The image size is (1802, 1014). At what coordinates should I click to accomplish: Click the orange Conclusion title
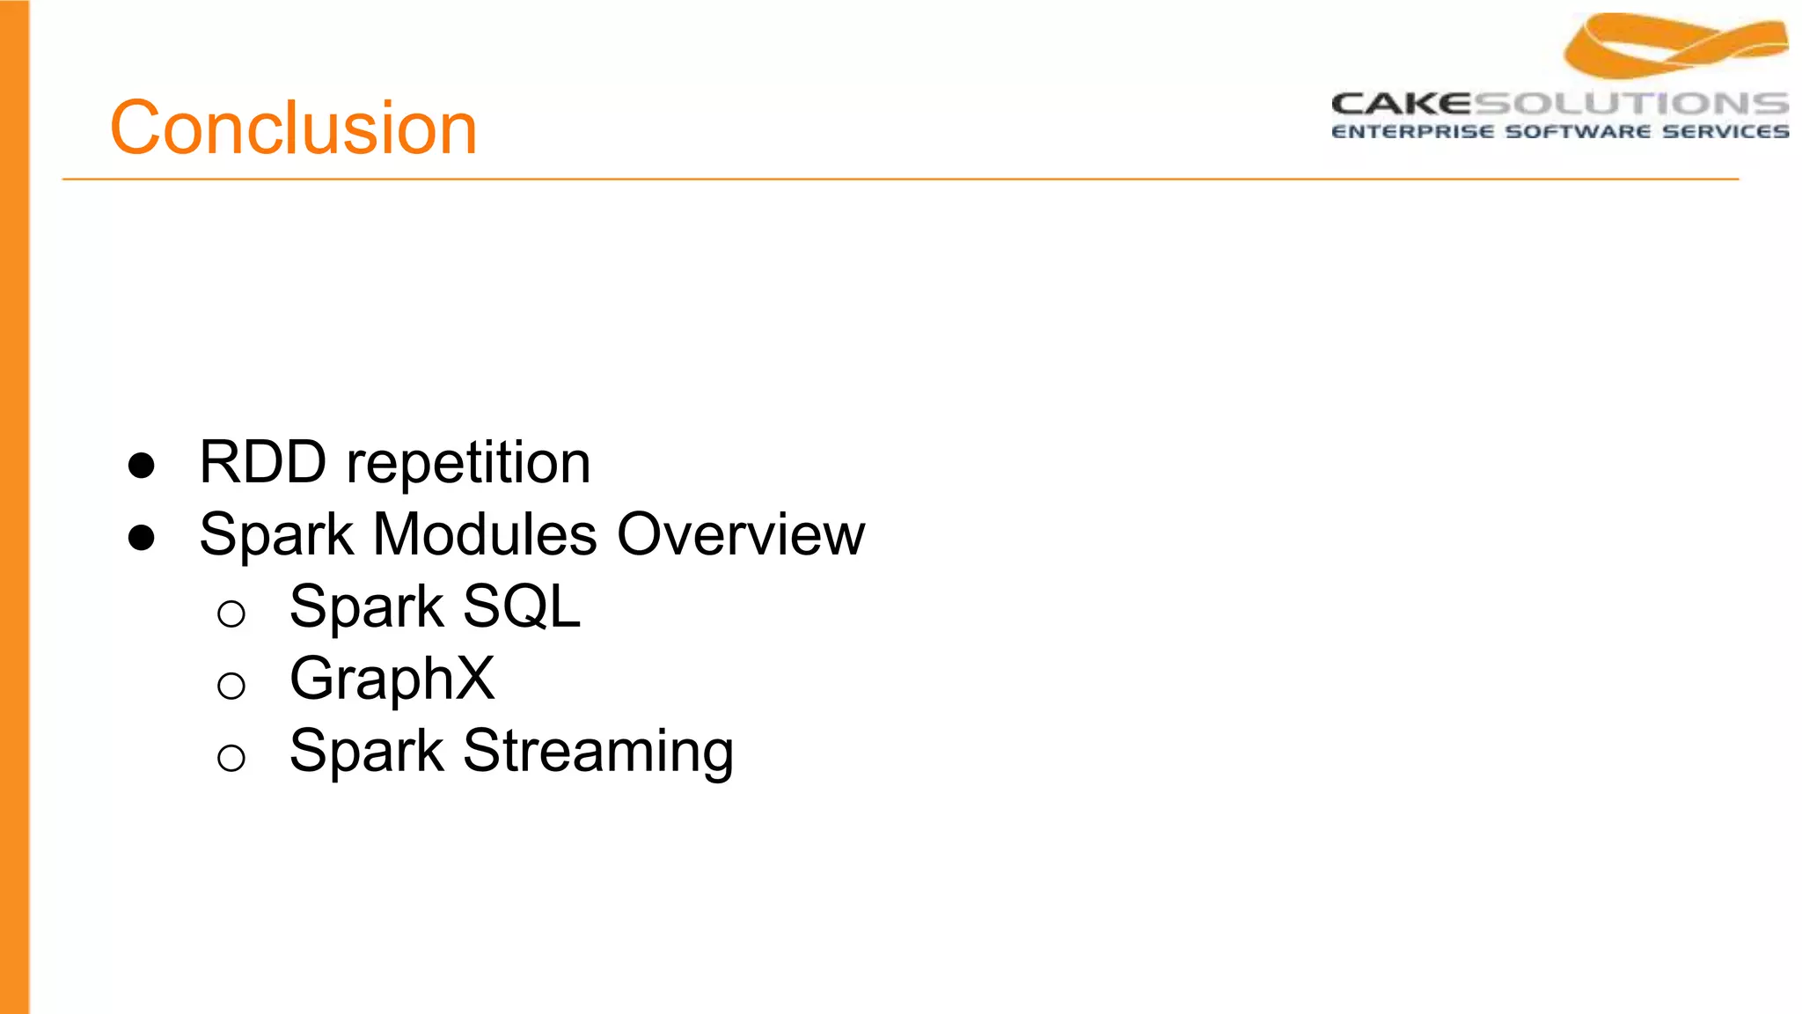coord(293,129)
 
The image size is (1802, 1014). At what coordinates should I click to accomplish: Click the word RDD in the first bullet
coord(262,462)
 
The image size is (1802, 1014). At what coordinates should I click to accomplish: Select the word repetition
coord(468,464)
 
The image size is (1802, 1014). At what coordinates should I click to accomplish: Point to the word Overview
coord(741,534)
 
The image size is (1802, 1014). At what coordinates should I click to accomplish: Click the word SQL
coord(522,606)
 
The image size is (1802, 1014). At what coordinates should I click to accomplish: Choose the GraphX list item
coord(392,679)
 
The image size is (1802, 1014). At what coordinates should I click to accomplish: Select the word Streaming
coord(598,752)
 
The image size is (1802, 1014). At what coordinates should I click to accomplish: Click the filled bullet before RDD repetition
coord(142,466)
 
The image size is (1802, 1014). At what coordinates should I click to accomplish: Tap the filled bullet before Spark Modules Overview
coord(142,538)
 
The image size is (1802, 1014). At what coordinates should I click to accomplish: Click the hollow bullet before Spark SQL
coord(231,614)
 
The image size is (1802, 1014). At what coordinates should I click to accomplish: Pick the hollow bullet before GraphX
coord(231,686)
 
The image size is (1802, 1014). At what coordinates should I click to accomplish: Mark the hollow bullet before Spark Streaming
coord(231,758)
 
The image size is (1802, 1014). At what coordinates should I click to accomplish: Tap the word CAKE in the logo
coord(1401,104)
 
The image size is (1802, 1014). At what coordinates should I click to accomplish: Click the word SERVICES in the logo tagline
coord(1725,132)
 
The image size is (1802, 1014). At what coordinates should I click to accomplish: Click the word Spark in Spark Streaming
coord(366,752)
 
